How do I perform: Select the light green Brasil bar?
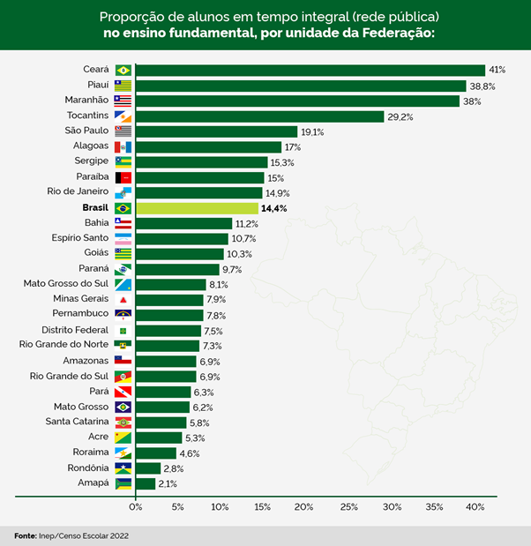197,208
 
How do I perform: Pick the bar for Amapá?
146,482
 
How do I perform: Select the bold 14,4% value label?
274,208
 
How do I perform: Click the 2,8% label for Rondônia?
173,468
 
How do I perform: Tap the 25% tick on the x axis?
348,507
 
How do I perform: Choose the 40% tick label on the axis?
476,507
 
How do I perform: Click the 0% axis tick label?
135,507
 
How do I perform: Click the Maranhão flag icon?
123,101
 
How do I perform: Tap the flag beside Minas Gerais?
123,300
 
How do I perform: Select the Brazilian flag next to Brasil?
123,208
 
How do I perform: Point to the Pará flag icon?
123,392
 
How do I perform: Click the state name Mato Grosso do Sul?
66,284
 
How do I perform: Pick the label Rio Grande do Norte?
64,344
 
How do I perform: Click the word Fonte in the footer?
26,535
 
